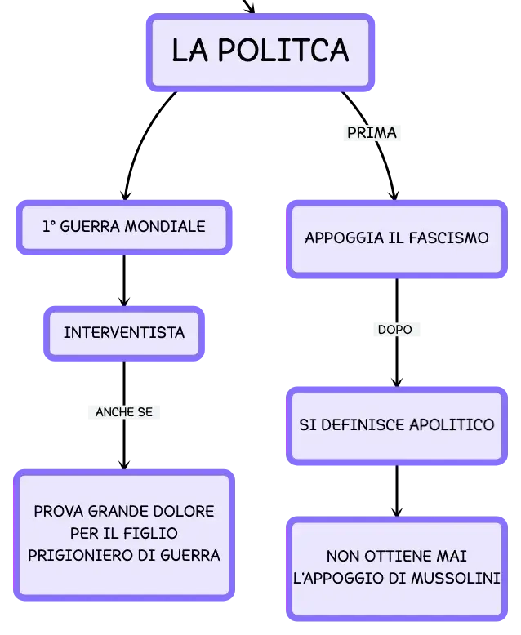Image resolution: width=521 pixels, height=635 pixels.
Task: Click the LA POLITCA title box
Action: (x=260, y=52)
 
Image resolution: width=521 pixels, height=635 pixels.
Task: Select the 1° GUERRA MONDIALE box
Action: (x=124, y=227)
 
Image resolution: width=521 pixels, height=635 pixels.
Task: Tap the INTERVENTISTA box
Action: (x=124, y=333)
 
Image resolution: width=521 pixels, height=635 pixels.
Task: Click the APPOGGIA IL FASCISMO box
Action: (x=397, y=239)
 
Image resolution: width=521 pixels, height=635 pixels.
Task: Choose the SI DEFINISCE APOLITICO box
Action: (x=397, y=425)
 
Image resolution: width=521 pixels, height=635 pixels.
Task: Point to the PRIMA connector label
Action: (x=372, y=133)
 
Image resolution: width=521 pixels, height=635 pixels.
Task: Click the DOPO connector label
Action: (x=395, y=330)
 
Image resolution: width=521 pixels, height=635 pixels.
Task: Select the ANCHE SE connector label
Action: (x=124, y=412)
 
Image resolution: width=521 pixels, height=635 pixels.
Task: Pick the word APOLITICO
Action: (x=452, y=424)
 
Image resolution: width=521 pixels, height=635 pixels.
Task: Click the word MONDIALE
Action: (x=165, y=226)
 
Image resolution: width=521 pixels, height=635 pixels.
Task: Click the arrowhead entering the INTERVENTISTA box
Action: (x=124, y=301)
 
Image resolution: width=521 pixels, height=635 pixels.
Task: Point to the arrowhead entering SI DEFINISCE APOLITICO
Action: (x=397, y=381)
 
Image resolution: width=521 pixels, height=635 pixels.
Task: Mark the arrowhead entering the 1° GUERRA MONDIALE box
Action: (x=126, y=195)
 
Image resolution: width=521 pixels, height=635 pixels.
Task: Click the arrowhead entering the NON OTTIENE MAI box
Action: (x=397, y=511)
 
